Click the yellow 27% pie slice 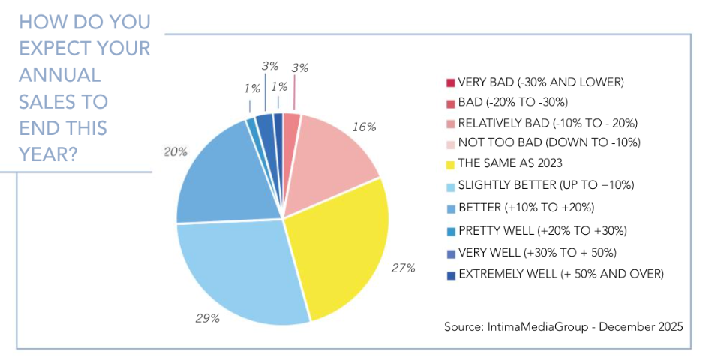(x=338, y=247)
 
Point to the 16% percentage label (x=364, y=127)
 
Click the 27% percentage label (x=404, y=267)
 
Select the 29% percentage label (x=208, y=318)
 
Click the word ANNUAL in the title (x=59, y=75)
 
